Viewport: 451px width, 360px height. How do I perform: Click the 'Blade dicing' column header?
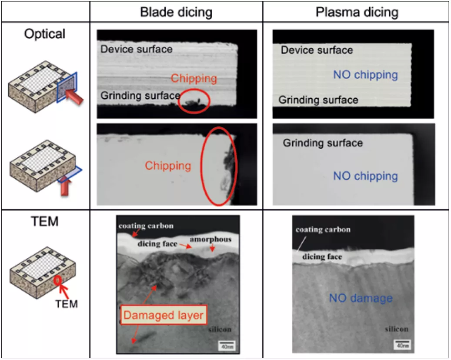(176, 12)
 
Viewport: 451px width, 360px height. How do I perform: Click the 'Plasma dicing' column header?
(357, 12)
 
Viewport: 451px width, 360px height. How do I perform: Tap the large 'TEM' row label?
(45, 221)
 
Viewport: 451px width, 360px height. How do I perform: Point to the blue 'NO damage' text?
(361, 298)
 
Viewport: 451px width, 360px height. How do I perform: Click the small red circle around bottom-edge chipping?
(194, 101)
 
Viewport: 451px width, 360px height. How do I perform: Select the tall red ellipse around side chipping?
(219, 166)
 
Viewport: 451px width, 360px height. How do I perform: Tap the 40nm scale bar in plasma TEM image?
(400, 345)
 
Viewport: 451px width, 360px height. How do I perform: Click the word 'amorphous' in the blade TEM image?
(210, 239)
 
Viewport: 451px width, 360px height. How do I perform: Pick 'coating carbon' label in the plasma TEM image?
(323, 230)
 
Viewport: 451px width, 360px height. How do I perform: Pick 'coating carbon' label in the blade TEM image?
(146, 226)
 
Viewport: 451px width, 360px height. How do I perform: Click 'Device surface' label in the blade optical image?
(137, 49)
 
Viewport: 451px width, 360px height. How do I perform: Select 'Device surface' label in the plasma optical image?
(317, 50)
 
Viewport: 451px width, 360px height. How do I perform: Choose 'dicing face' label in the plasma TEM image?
(322, 257)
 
